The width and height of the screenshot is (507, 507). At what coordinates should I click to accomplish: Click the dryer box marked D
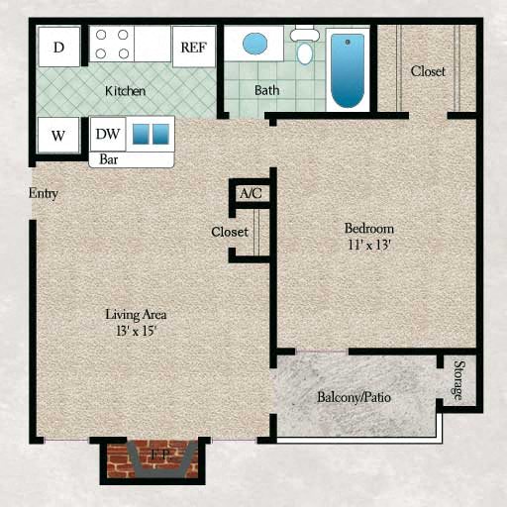[x=59, y=47]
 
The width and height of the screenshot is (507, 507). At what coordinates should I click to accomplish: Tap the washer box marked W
[x=58, y=136]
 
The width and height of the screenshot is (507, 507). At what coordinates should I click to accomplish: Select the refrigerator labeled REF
[x=194, y=47]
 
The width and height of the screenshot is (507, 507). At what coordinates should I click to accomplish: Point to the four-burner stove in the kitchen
[x=112, y=45]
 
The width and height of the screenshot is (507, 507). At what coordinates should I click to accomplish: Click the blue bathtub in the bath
[x=348, y=69]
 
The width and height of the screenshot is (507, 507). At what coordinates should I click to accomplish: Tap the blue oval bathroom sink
[x=255, y=45]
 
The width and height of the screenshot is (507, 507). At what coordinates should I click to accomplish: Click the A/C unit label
[x=251, y=193]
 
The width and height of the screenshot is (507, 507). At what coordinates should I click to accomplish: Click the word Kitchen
[x=126, y=91]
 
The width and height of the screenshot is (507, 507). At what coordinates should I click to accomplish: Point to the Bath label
[x=266, y=90]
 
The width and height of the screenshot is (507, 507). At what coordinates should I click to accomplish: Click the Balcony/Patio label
[x=355, y=397]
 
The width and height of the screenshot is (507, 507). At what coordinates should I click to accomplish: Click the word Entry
[x=44, y=193]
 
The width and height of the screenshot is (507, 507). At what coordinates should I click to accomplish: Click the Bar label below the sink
[x=104, y=158]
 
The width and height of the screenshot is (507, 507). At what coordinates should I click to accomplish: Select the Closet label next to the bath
[x=428, y=71]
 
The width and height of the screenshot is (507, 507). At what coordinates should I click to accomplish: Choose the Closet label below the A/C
[x=229, y=232]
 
